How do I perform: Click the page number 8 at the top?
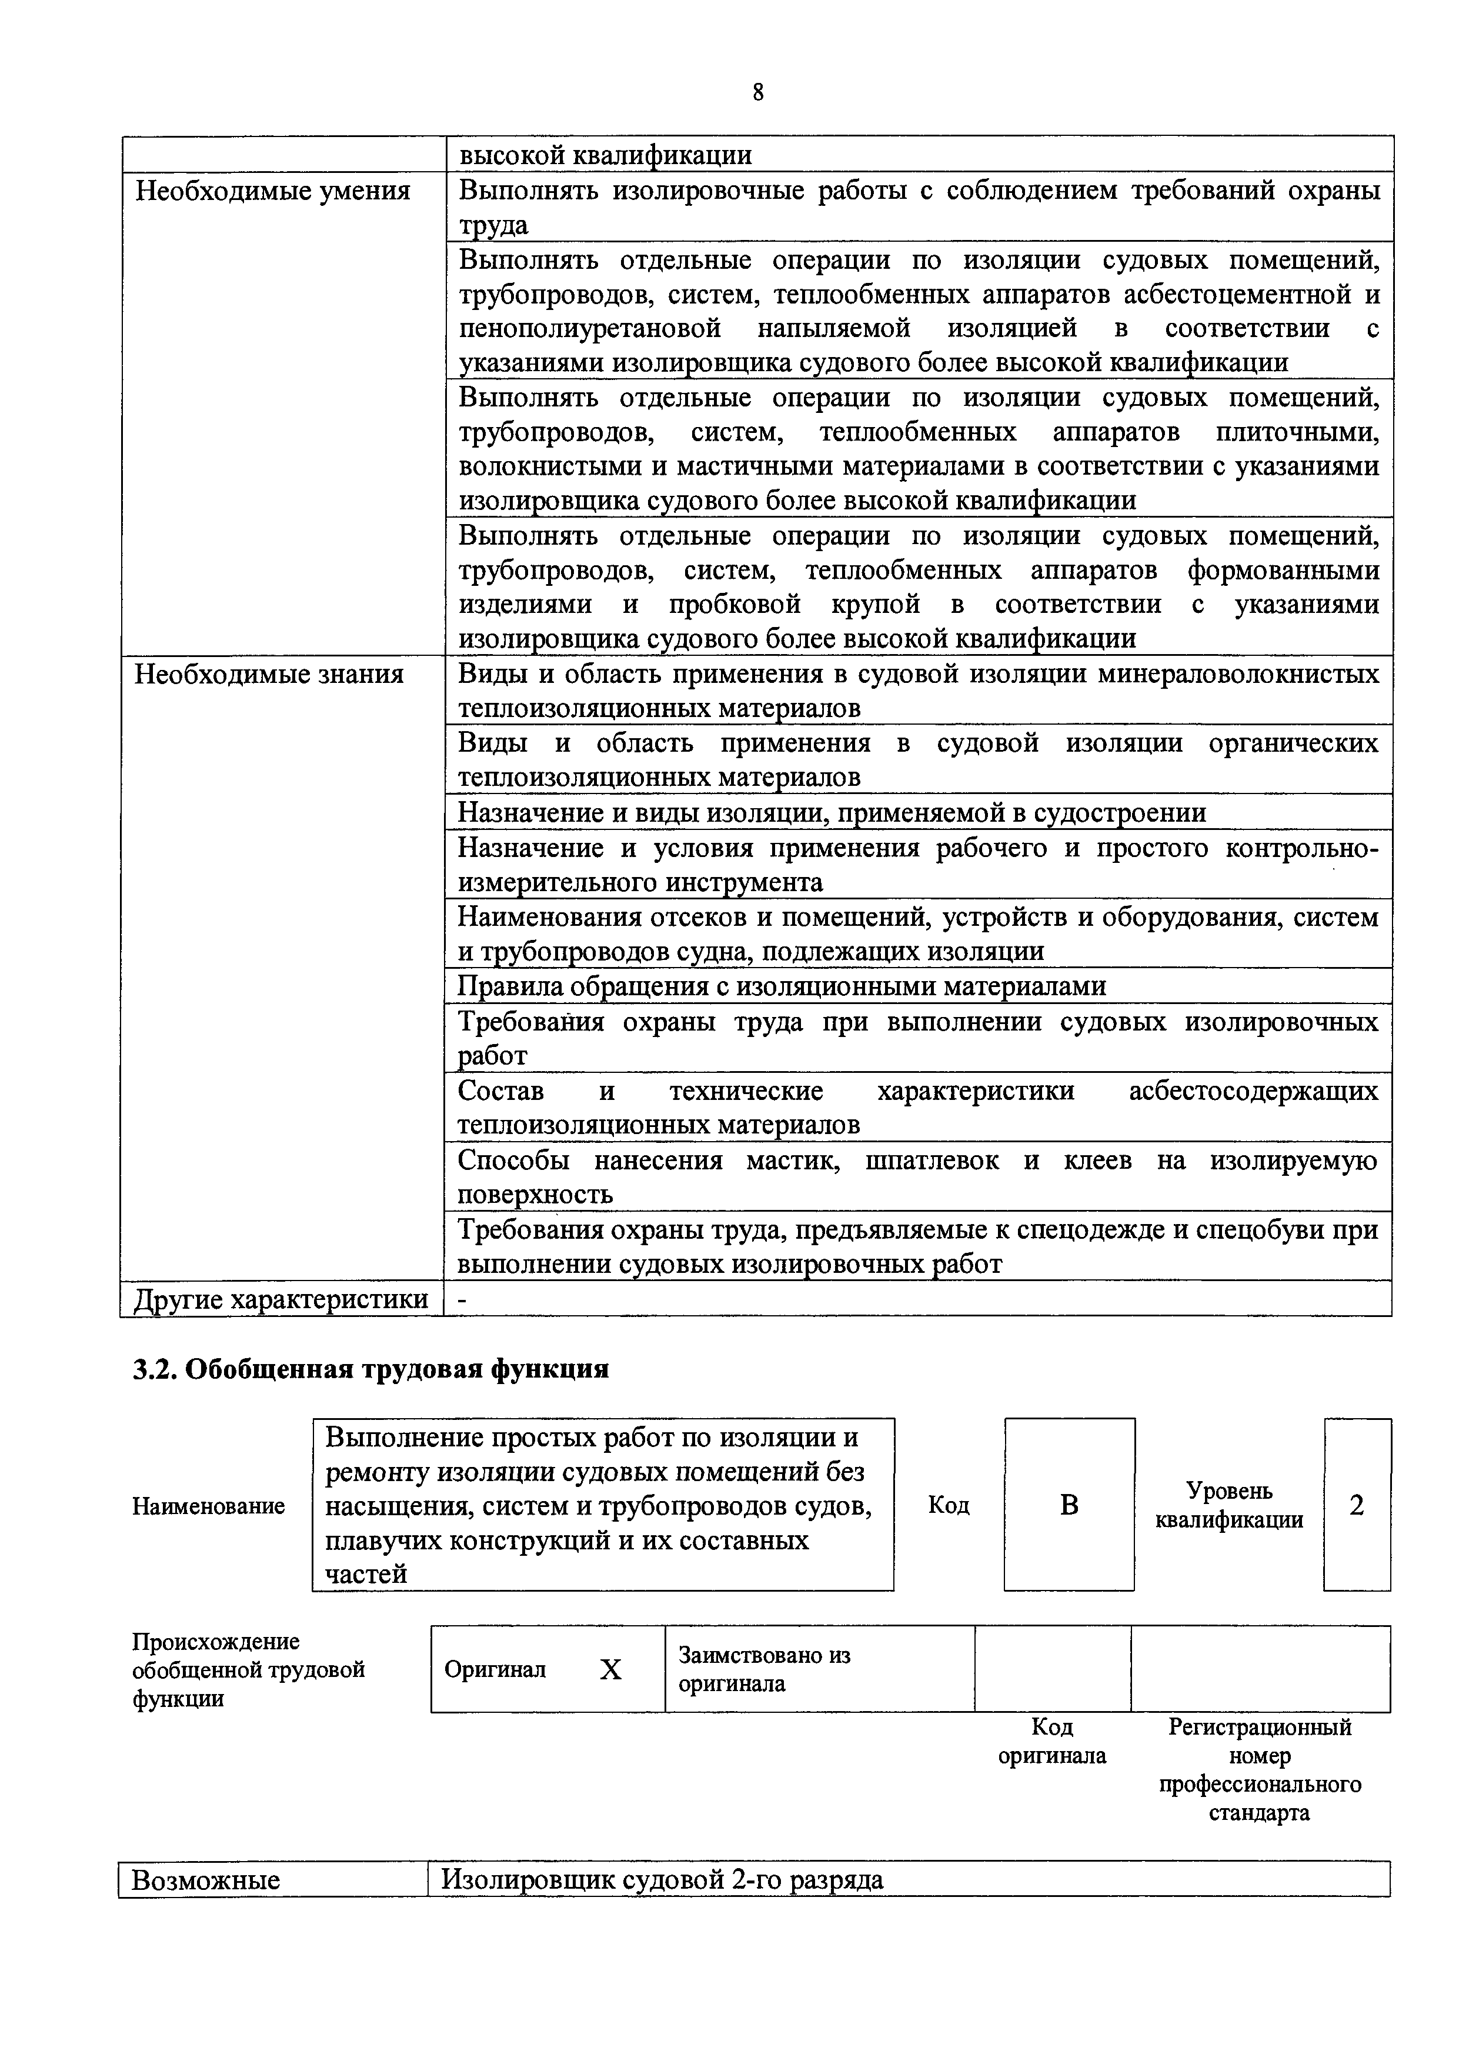pyautogui.click(x=758, y=92)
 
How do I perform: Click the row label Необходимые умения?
pyautogui.click(x=272, y=191)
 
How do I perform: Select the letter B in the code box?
pyautogui.click(x=1069, y=1505)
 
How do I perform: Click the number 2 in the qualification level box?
pyautogui.click(x=1357, y=1505)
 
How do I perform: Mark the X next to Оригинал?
pyautogui.click(x=610, y=1670)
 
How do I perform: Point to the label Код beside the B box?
pyautogui.click(x=949, y=1505)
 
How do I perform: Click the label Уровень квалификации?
pyautogui.click(x=1229, y=1505)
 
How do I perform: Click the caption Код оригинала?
pyautogui.click(x=1052, y=1741)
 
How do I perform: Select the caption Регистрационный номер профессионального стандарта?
pyautogui.click(x=1260, y=1769)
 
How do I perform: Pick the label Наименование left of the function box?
pyautogui.click(x=209, y=1506)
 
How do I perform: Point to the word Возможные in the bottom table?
pyautogui.click(x=206, y=1880)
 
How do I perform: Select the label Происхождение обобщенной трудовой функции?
pyautogui.click(x=248, y=1670)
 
